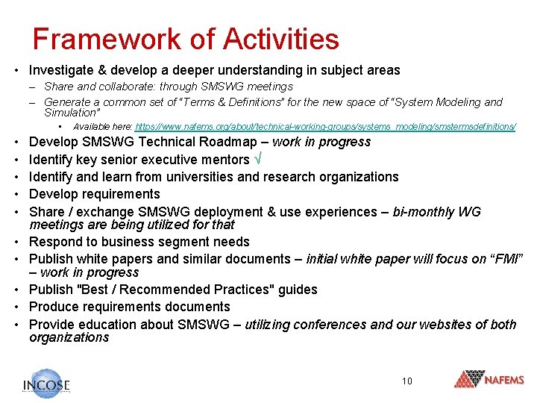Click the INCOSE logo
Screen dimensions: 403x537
click(47, 383)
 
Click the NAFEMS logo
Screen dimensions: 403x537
click(489, 379)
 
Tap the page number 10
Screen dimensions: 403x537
click(406, 381)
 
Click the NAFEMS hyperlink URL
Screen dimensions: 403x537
click(325, 127)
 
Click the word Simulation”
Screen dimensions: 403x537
click(72, 113)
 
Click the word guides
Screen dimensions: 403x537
click(298, 290)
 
